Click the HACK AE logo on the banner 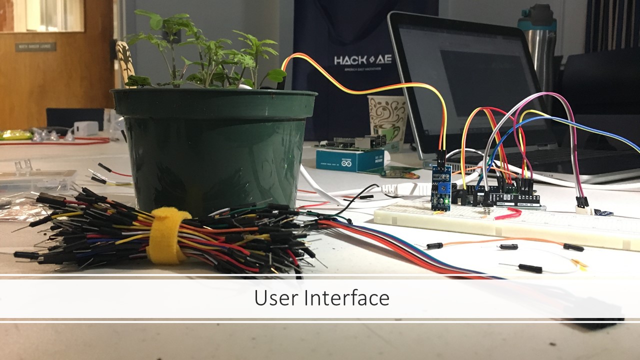[x=363, y=60]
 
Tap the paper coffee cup [x=387, y=120]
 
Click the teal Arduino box [x=350, y=159]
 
